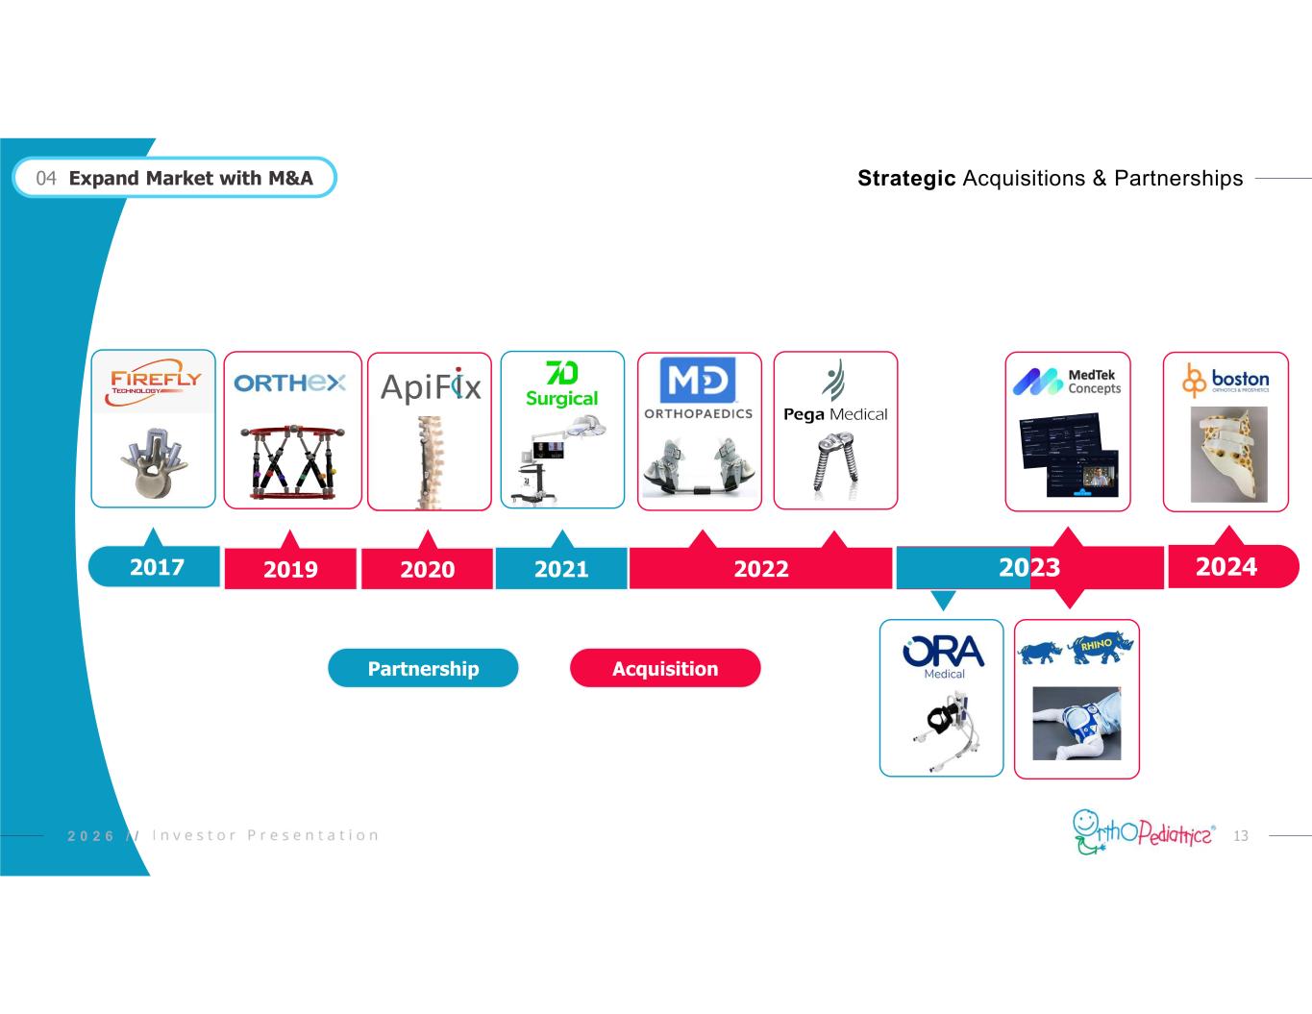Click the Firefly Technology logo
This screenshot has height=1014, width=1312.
coord(155,383)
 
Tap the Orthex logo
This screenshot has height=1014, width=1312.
coord(289,383)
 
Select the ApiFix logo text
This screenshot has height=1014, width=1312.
coord(431,385)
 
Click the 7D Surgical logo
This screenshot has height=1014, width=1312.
coord(561,384)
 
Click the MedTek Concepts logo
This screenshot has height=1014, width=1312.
coord(1067,382)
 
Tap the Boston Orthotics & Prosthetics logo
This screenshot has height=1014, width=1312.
coord(1225,381)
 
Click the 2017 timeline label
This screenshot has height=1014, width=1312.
coord(157,567)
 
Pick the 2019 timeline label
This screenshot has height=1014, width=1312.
coord(290,569)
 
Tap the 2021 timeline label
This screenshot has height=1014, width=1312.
coord(561,569)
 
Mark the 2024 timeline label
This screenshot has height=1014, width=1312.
coord(1225,567)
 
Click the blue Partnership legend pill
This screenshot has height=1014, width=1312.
coord(423,668)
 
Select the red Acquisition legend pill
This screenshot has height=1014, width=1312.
coord(665,668)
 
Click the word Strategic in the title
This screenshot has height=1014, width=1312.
coord(905,178)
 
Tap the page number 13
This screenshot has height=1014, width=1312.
coord(1241,836)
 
